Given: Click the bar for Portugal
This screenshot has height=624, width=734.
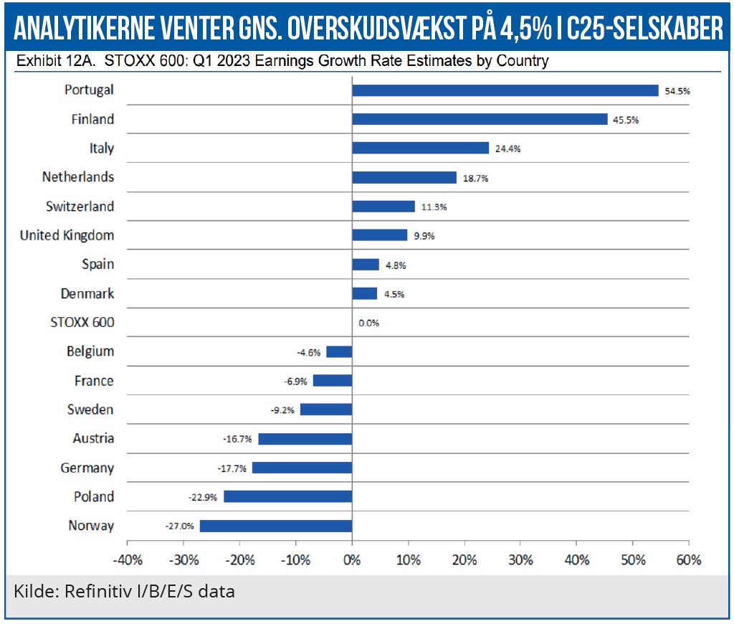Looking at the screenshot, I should pos(505,90).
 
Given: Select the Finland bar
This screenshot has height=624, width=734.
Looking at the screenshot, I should pos(480,119).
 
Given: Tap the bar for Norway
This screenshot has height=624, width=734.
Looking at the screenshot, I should pos(276,526).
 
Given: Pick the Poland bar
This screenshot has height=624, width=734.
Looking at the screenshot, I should pos(288,496).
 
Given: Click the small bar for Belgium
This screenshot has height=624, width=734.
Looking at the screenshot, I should pos(339,351).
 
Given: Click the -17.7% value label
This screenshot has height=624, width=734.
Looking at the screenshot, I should pos(232,468).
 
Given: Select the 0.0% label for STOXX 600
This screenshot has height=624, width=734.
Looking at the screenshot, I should pos(368,323).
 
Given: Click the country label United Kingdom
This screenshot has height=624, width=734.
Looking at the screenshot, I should pos(67,235).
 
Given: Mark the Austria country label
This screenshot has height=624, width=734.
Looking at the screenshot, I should pos(93,438).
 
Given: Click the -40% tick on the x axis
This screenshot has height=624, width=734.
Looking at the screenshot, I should pos(128,559).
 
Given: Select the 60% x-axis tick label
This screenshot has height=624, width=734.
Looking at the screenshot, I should pos(688,559).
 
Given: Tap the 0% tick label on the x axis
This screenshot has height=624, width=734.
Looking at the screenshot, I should pos(352,559).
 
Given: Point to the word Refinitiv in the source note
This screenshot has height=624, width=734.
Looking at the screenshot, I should pos(97,592).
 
